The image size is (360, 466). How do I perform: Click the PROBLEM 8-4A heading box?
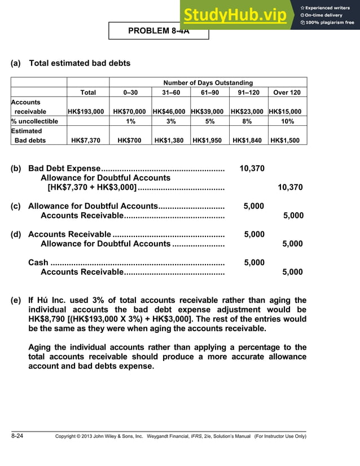[x=159, y=31]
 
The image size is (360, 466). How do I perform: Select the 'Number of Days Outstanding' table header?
[x=208, y=83]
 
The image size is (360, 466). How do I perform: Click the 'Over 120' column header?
[x=287, y=93]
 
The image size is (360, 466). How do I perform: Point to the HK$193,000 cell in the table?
[x=85, y=112]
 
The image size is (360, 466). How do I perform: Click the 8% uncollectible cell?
[x=247, y=121]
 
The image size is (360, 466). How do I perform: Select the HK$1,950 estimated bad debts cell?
[x=209, y=140]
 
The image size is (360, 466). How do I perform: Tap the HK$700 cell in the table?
[x=129, y=140]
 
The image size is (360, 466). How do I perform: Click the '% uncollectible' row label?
[x=34, y=121]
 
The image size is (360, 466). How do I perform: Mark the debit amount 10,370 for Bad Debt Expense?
[x=252, y=169]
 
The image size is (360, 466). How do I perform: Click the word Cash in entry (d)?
[x=38, y=262]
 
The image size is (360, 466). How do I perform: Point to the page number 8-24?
[x=17, y=436]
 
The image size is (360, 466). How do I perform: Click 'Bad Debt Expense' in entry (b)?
[x=64, y=169]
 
